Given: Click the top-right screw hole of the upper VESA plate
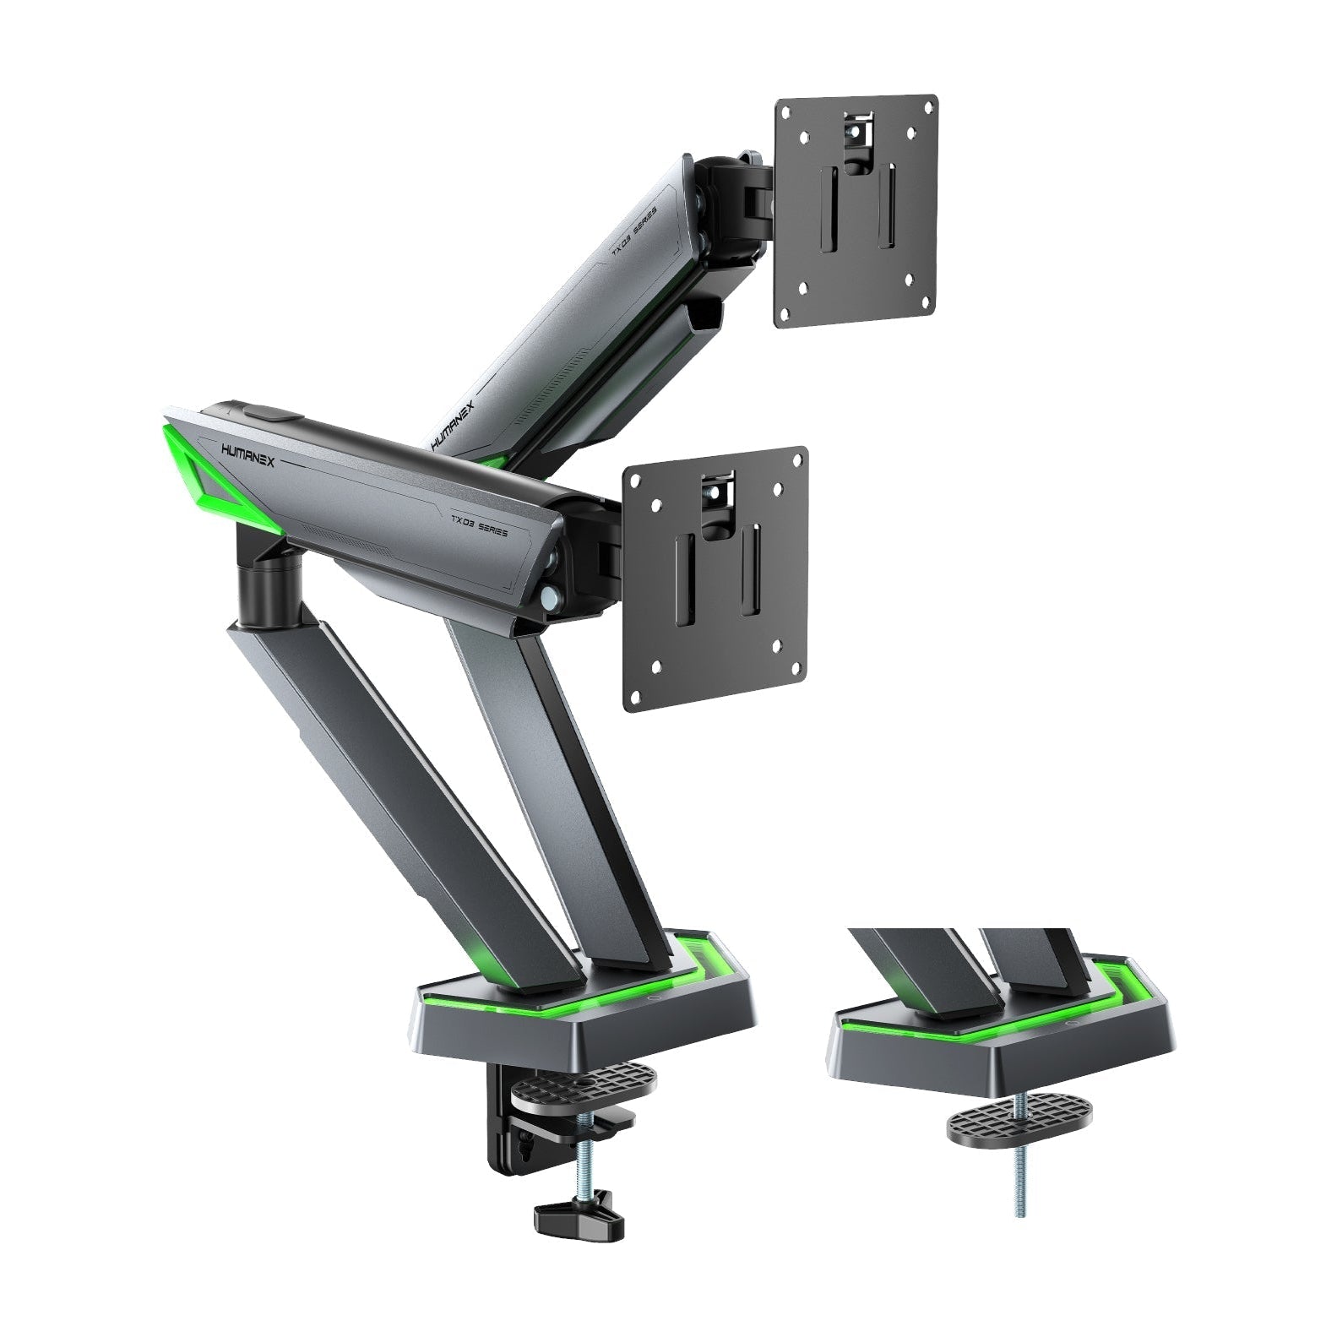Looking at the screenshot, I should pos(928,106).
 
